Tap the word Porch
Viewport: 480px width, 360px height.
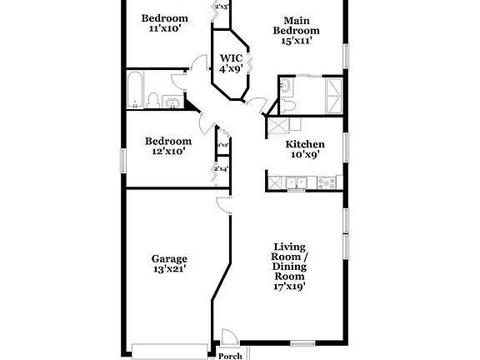point(230,356)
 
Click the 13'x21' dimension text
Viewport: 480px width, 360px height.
point(168,269)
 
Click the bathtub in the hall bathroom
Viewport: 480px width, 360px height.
point(135,91)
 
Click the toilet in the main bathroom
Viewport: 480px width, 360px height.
point(287,103)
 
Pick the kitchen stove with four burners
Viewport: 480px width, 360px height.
point(324,182)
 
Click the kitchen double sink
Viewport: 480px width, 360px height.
point(296,182)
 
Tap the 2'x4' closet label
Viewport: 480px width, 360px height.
point(222,169)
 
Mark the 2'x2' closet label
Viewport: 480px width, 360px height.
point(222,146)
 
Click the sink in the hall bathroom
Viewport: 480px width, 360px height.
point(172,102)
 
